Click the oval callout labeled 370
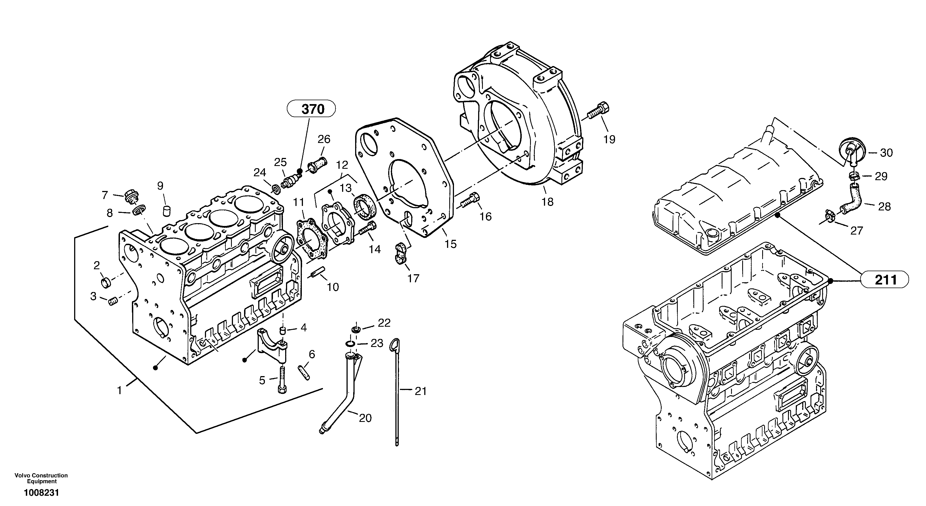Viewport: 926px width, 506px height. coord(311,109)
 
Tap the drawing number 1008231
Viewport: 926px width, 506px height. coord(41,493)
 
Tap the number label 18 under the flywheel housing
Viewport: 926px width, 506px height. coord(548,202)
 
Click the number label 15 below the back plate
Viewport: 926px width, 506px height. coord(450,244)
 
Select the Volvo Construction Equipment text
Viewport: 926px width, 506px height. coord(41,478)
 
